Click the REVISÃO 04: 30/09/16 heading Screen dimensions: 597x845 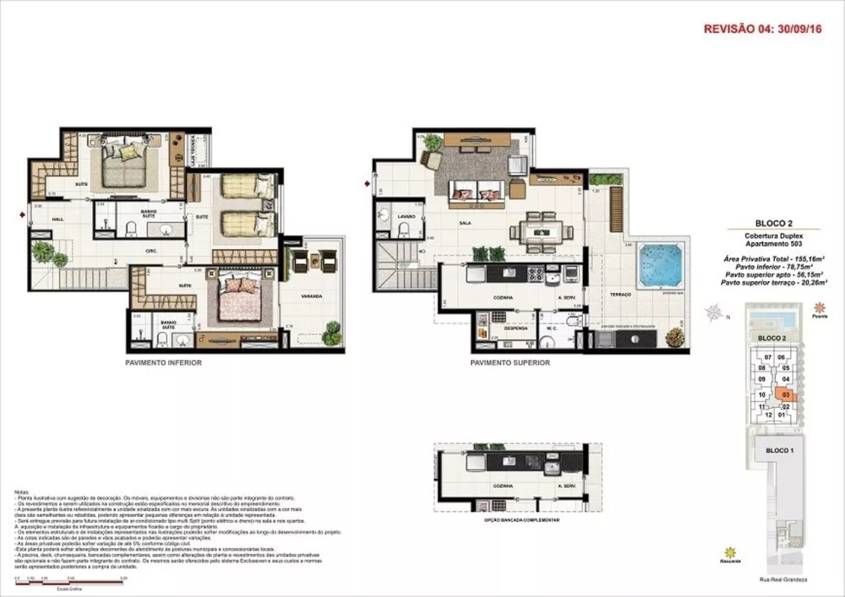[x=763, y=29]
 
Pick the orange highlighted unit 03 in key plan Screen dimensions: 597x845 [x=786, y=393]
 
